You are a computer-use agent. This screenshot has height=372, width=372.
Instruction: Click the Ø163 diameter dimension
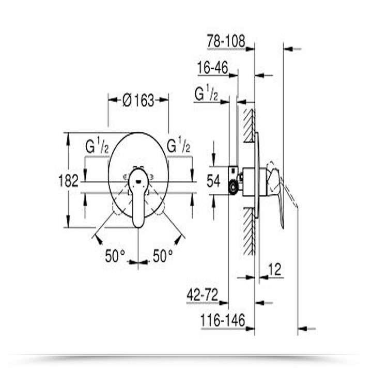[x=138, y=100]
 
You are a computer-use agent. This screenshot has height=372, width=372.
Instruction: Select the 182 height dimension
[x=68, y=180]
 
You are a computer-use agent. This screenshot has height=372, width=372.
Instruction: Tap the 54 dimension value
[x=213, y=181]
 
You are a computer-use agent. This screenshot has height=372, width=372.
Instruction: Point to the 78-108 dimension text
[x=225, y=41]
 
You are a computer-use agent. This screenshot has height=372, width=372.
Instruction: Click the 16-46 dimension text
[x=213, y=68]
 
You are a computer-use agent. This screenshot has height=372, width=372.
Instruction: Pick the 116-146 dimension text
[x=222, y=321]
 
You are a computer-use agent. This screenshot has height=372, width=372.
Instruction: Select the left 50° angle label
[x=115, y=256]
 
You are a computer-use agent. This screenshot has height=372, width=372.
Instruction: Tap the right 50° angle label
[x=163, y=256]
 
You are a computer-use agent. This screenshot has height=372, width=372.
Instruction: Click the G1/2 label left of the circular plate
[x=97, y=146]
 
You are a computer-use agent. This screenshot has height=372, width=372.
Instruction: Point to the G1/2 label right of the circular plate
[x=179, y=146]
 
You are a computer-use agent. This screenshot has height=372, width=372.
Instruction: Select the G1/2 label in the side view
[x=206, y=94]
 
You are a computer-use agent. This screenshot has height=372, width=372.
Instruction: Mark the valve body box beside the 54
[x=234, y=180]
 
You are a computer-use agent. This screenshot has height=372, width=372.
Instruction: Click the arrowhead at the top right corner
[x=295, y=49]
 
